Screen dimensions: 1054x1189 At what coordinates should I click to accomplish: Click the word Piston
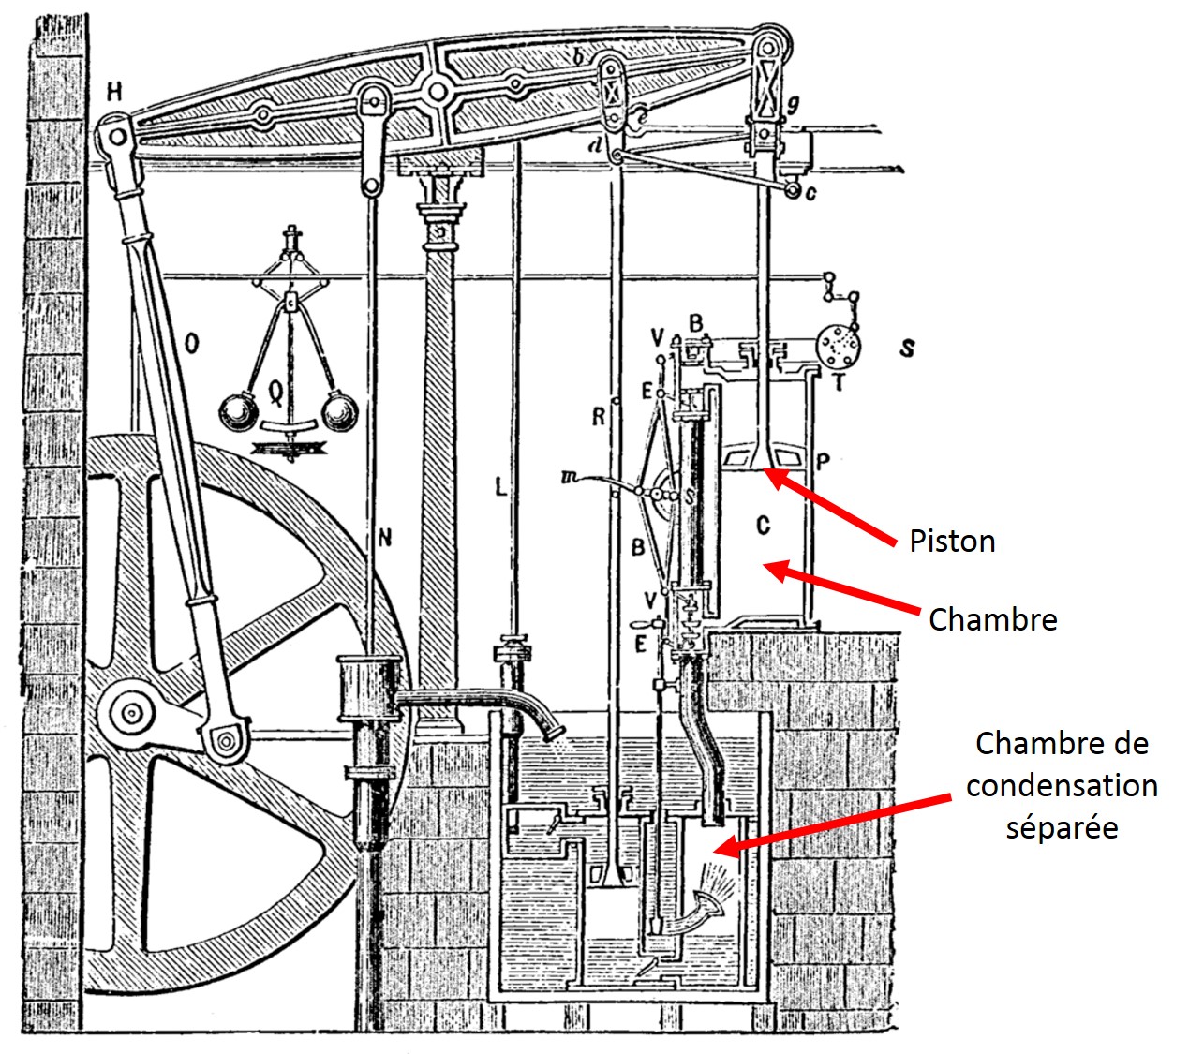pos(951,542)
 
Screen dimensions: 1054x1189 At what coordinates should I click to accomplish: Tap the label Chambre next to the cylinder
pos(992,619)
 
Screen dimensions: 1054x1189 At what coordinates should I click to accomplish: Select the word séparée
pos(1062,827)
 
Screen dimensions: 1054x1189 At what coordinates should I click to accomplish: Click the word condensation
pos(1062,785)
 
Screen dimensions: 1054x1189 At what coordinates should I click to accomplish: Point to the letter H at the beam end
pos(114,91)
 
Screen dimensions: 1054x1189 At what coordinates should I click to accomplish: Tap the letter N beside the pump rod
pos(384,537)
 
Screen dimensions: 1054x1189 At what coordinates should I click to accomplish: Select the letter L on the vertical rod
pos(501,486)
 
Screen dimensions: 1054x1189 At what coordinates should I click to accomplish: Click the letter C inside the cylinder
pos(763,526)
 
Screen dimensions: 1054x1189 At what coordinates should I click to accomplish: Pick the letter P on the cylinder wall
pos(824,460)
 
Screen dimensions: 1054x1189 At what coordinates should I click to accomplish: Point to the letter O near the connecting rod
pos(191,345)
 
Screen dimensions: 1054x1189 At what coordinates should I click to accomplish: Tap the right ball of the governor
pos(338,412)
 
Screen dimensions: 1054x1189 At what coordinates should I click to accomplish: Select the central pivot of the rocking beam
pos(435,92)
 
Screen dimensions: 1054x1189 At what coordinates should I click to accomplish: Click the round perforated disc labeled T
pos(836,347)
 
